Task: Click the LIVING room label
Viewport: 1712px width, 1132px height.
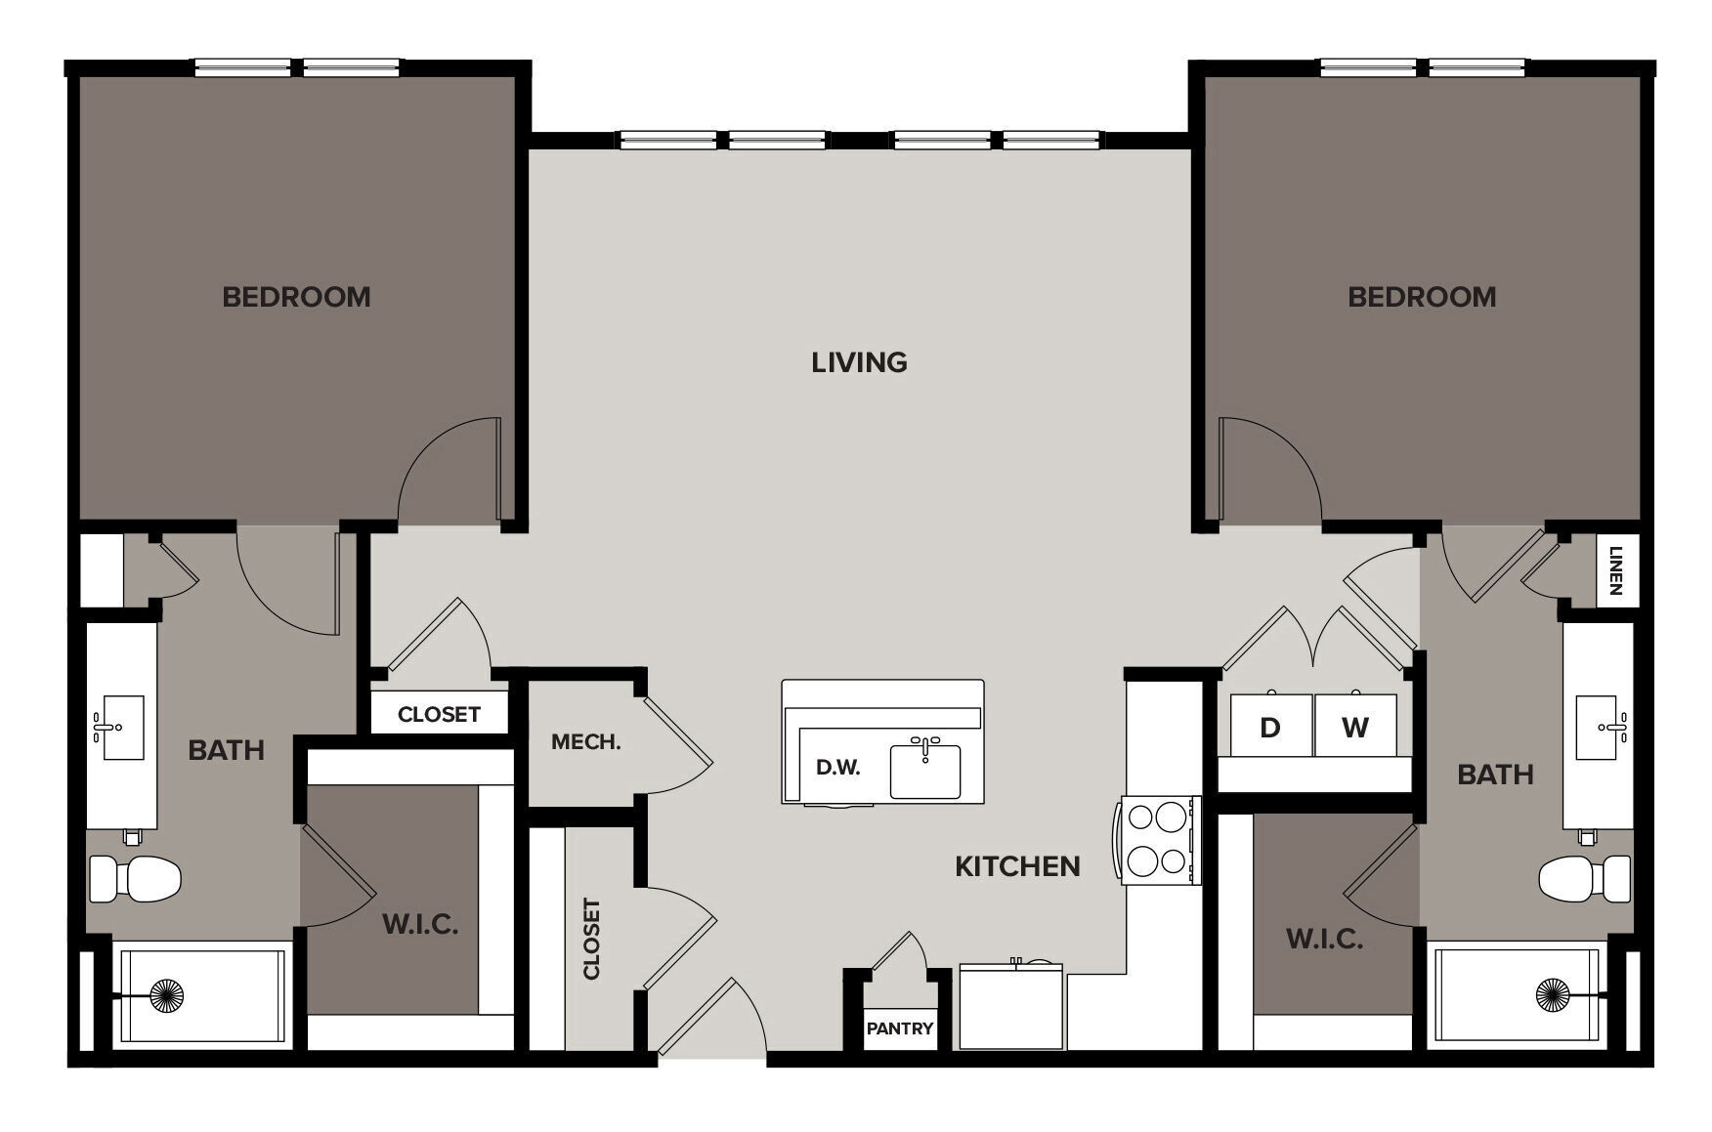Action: pos(859,362)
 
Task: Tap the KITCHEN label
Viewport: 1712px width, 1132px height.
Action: pos(1017,866)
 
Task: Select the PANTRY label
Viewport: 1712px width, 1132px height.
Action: pos(899,1028)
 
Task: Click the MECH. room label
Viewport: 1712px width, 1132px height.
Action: pos(585,742)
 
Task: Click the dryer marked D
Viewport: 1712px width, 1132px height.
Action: pos(1269,727)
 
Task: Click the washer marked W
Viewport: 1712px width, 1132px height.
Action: pos(1354,727)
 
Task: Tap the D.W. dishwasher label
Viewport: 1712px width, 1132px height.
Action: pos(837,768)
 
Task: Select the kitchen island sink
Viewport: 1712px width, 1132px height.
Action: pos(925,769)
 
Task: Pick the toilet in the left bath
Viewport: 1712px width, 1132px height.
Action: pos(137,878)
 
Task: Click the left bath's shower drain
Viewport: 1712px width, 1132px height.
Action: pos(167,995)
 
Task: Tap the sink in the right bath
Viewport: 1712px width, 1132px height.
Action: pos(1597,727)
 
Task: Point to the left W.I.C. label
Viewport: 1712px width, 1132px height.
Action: pos(420,924)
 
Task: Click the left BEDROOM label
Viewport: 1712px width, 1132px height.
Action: pos(296,297)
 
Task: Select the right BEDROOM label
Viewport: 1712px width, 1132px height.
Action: pos(1422,297)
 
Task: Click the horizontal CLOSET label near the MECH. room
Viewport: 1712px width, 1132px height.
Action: pos(439,715)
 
